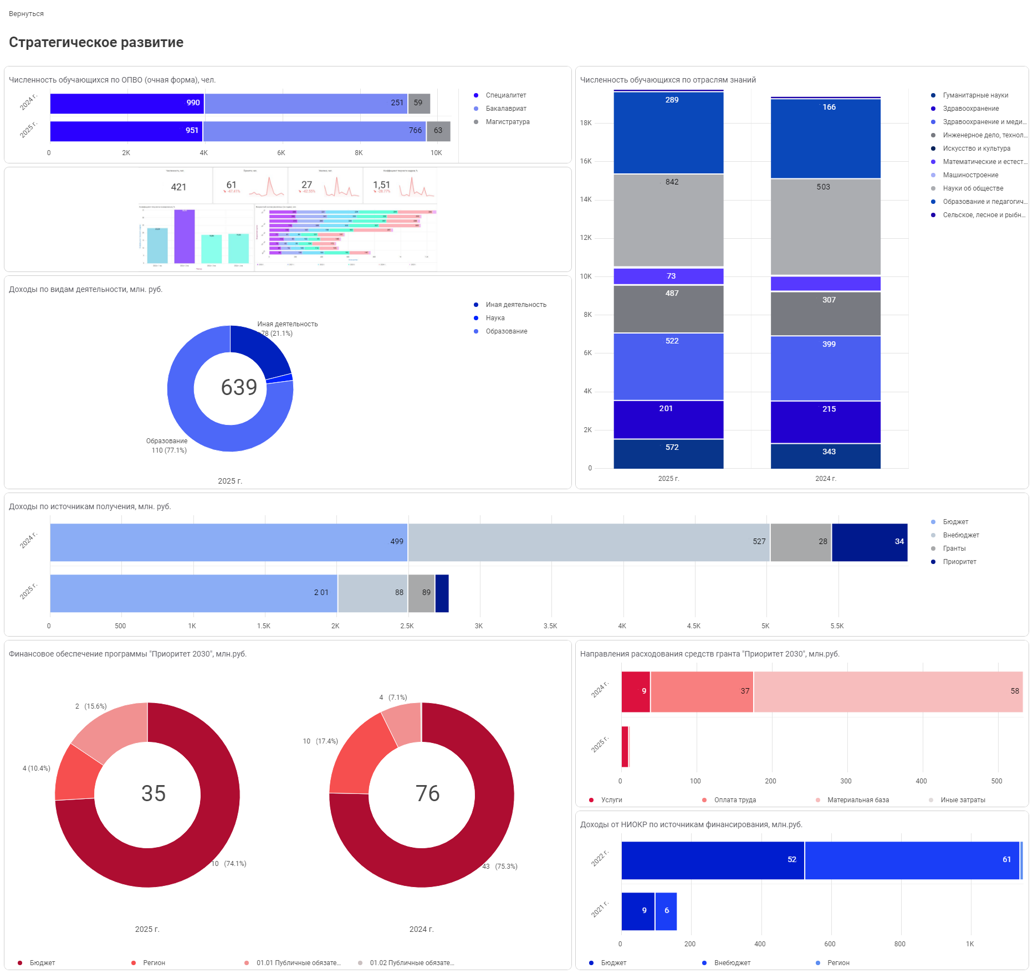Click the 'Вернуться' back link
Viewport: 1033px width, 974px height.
point(26,14)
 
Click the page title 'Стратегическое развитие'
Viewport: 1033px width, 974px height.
point(96,43)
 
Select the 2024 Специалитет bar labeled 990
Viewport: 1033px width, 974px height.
point(127,104)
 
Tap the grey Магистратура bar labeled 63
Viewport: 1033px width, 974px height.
point(438,131)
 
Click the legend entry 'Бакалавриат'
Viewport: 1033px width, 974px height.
point(505,109)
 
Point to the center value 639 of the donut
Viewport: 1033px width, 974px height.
point(239,387)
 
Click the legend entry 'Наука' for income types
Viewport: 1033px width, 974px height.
point(495,318)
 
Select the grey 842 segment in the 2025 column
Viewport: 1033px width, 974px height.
point(668,221)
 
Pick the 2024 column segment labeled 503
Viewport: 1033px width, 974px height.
point(825,227)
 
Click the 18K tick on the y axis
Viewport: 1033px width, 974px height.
point(586,123)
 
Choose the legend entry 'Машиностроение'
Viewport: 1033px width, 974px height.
point(970,175)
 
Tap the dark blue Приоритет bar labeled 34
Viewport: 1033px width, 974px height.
point(869,542)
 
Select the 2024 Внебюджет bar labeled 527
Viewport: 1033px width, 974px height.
point(589,542)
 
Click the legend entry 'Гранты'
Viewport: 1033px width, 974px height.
point(954,548)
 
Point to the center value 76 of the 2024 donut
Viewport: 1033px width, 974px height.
point(427,793)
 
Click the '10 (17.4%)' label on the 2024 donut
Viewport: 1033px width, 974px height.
point(320,741)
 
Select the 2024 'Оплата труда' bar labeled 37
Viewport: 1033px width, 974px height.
point(702,692)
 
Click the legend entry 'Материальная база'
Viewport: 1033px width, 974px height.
point(857,800)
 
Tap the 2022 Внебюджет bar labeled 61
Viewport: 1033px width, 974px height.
point(912,860)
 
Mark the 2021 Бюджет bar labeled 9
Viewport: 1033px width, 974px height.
point(638,911)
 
